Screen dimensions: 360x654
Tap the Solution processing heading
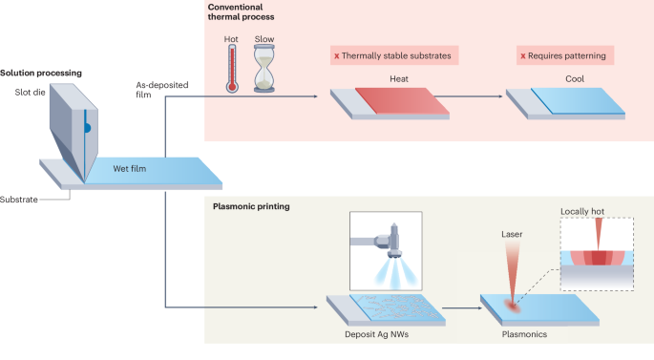coord(41,74)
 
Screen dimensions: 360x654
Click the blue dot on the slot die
coord(86,125)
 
